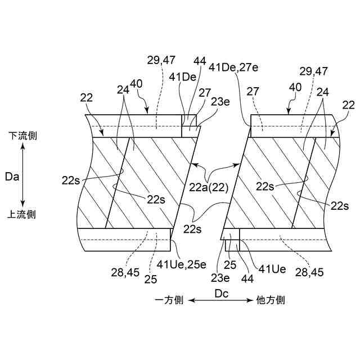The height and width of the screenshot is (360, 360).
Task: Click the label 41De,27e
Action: (x=235, y=67)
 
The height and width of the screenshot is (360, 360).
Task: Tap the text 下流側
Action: (x=22, y=136)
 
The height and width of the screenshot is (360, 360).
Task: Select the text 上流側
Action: (x=22, y=214)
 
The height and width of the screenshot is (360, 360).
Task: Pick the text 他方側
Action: (x=270, y=300)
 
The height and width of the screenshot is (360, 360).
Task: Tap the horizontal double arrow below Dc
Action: (x=220, y=301)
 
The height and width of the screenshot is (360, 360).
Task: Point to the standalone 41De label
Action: (x=181, y=77)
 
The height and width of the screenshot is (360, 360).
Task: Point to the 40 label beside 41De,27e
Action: (x=295, y=87)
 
